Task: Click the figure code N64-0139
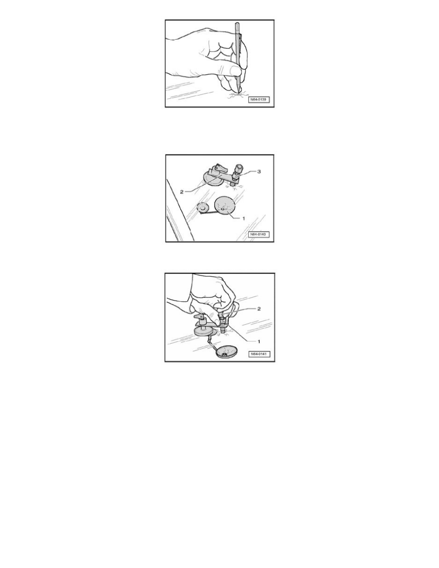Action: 259,99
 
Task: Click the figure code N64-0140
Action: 259,234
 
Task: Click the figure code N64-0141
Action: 259,353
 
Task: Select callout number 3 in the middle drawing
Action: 259,171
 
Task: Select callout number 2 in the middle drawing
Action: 182,192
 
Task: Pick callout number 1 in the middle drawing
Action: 243,218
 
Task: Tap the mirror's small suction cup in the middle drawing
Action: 202,208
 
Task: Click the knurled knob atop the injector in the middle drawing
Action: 238,168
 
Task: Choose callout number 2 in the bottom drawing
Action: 259,309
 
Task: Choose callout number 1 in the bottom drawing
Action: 259,341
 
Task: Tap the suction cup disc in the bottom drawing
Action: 205,331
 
